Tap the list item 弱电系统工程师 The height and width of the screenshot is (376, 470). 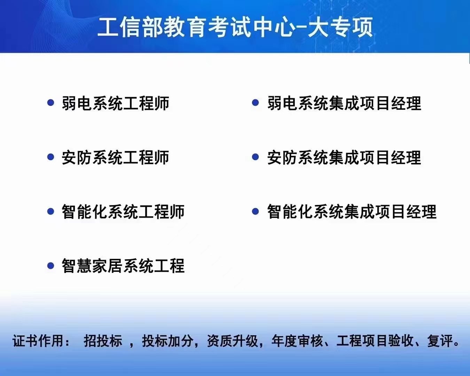coord(116,103)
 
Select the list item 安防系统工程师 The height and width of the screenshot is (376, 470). coord(116,157)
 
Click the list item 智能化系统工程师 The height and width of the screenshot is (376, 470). coord(123,211)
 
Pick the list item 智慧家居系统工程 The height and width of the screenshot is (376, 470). coord(123,266)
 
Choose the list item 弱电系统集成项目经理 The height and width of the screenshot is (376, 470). coord(344,103)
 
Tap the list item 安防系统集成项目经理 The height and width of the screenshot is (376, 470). coord(344,157)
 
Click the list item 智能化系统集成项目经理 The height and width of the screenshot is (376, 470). coord(352,211)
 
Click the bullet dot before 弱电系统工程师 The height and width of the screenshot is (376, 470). coord(51,103)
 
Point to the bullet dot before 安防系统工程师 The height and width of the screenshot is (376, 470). coord(51,157)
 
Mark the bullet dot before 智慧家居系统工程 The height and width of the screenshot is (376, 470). coord(51,265)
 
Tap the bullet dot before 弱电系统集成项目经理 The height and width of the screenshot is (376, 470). coord(255,103)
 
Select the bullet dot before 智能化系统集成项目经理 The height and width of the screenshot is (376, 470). coord(255,211)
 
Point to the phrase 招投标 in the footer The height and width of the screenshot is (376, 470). coord(103,341)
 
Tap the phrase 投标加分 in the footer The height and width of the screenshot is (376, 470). coord(168,341)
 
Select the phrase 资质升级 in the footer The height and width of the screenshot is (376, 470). coord(232,341)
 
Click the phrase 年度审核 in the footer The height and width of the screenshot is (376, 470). coord(297,341)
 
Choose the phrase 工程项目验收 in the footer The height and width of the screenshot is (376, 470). coord(375,341)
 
